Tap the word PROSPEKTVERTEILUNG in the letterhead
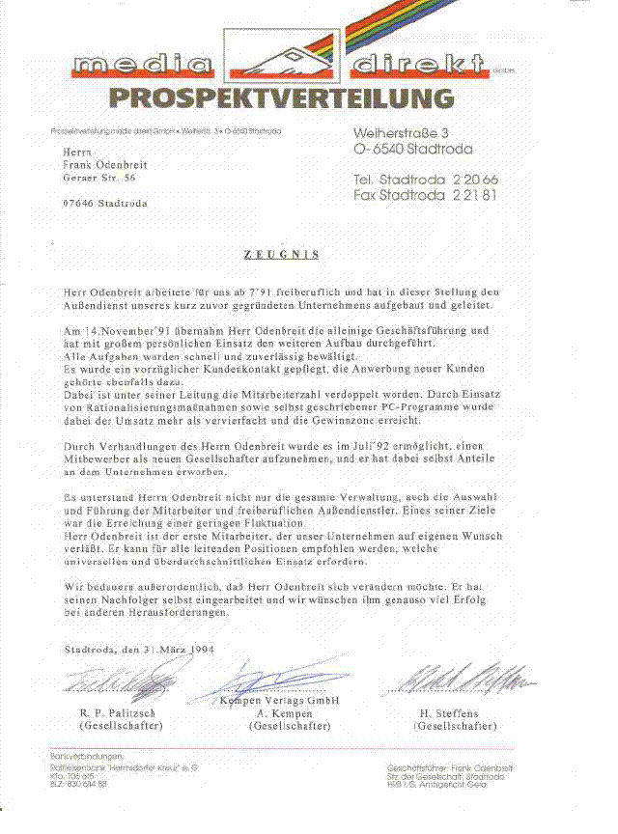pos(280,97)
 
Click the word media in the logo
pos(142,67)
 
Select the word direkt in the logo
pos(418,67)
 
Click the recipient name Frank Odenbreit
pos(104,165)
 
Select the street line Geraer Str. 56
pos(98,179)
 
